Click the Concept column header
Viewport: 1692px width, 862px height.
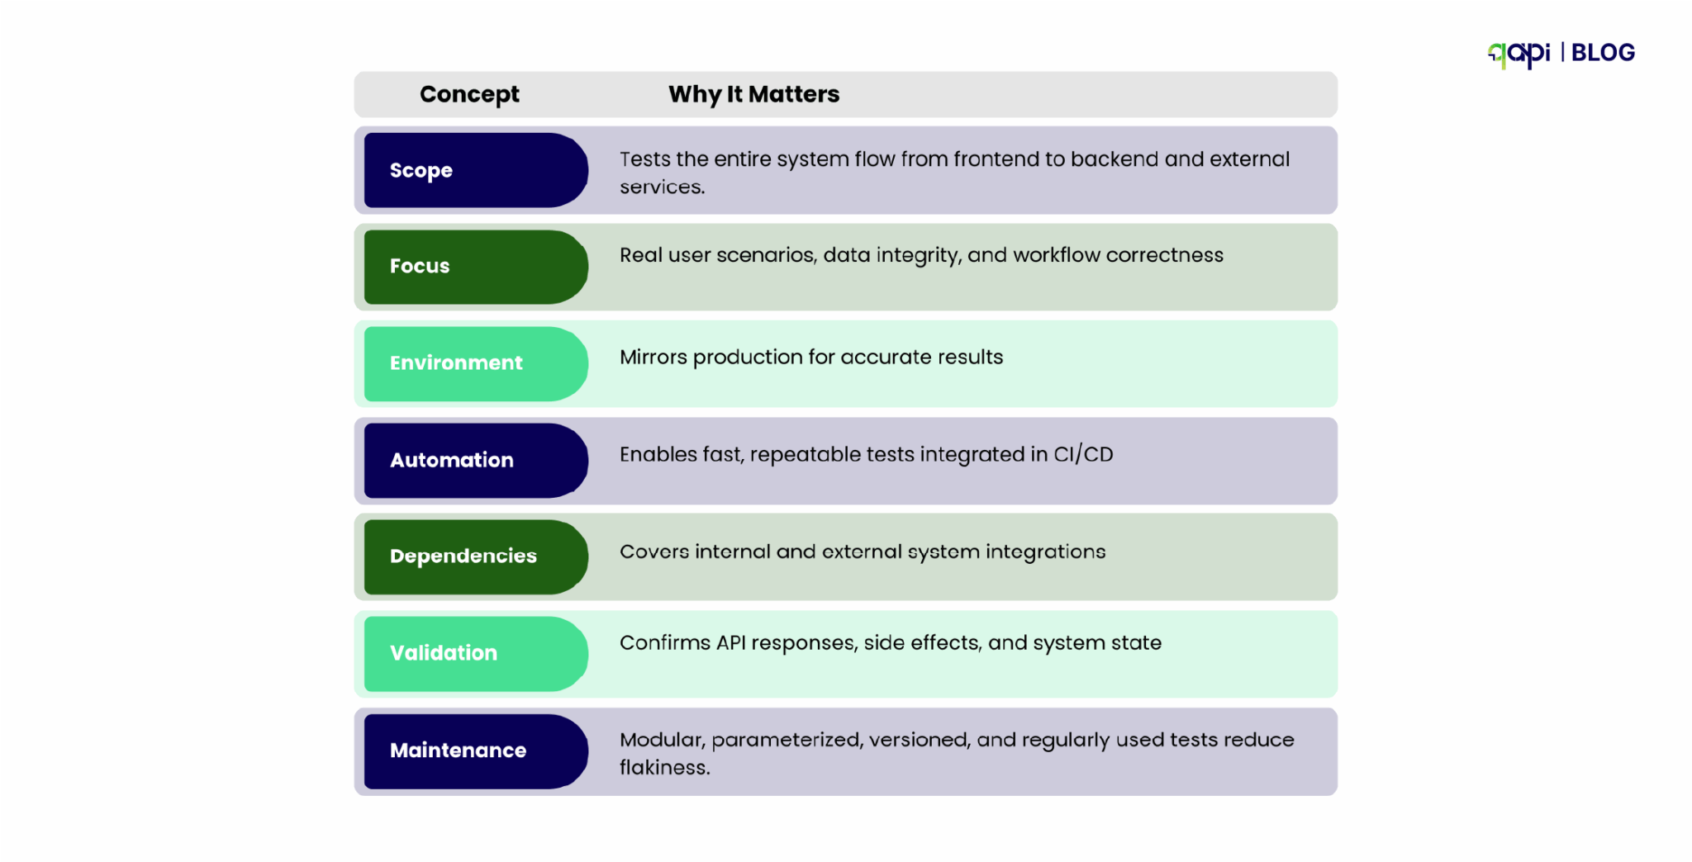point(469,94)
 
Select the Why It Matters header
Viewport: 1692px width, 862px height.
point(753,94)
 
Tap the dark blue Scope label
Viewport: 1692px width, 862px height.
point(475,170)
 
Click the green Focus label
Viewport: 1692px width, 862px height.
point(475,267)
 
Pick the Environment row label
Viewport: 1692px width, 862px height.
point(475,363)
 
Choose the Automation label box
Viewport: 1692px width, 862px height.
point(475,460)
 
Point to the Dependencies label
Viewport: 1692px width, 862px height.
point(475,557)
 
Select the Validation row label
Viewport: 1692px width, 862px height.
point(475,653)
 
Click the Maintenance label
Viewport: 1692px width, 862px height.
point(475,751)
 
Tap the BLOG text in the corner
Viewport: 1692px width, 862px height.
point(1603,53)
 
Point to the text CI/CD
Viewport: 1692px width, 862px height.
point(1083,455)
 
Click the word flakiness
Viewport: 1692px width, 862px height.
point(664,768)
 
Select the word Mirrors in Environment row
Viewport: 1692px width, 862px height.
point(653,358)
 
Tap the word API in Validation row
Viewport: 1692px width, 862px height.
point(730,643)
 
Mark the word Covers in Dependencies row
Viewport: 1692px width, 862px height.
point(654,552)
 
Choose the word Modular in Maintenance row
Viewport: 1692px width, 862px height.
point(661,740)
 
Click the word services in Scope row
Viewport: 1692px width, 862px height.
point(662,187)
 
